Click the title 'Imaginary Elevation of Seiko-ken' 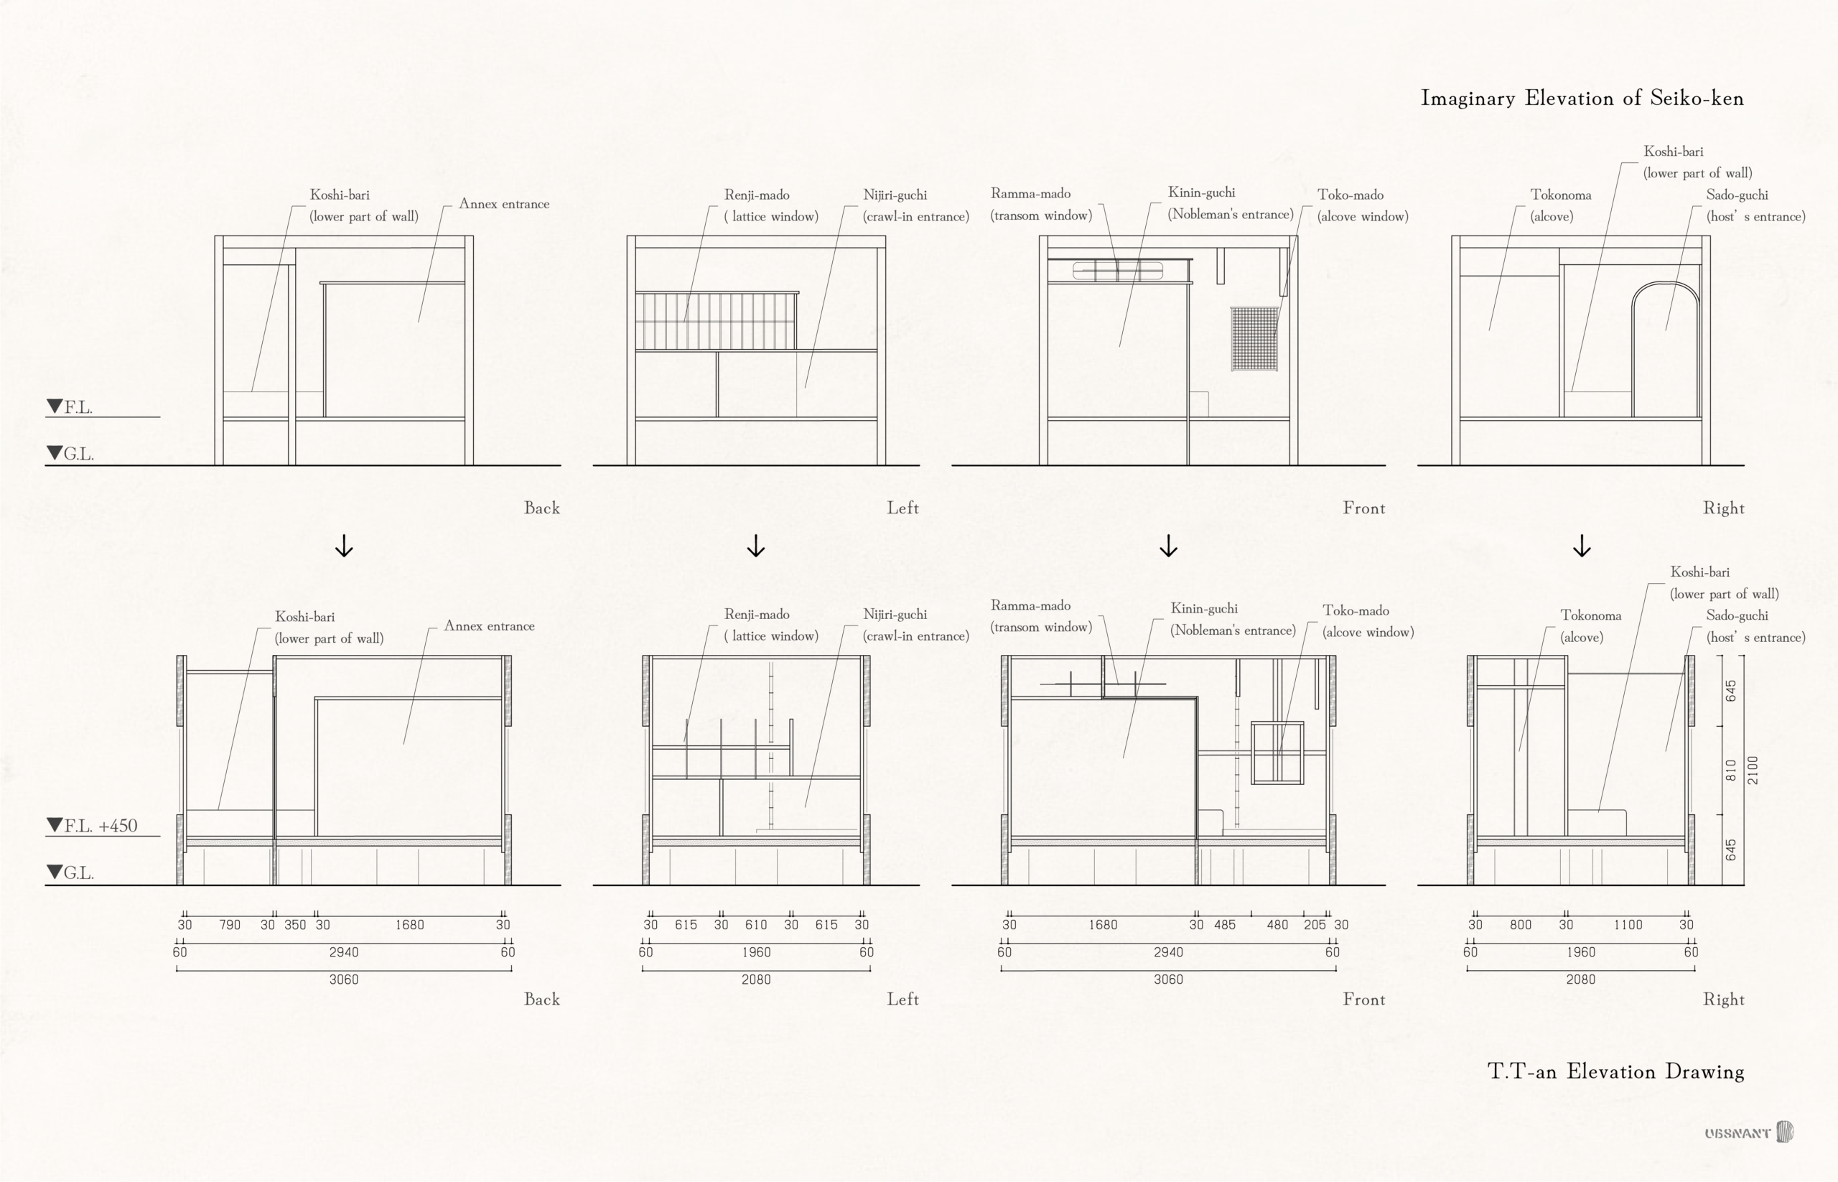click(1582, 98)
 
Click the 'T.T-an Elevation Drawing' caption click(1615, 1071)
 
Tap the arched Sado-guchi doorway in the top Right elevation click(1665, 349)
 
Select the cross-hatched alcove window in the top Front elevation click(1254, 338)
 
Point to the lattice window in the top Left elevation click(715, 321)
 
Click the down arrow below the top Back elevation click(344, 546)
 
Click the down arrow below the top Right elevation click(1582, 546)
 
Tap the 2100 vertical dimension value click(1752, 770)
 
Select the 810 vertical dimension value click(1730, 770)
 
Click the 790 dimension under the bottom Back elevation click(230, 925)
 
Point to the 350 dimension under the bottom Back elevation click(294, 925)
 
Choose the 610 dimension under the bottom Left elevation click(756, 925)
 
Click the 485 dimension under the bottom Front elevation click(1224, 925)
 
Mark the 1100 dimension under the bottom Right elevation click(1628, 925)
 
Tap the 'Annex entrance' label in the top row click(503, 204)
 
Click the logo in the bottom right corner click(1749, 1132)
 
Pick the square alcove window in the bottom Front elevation click(1277, 752)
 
